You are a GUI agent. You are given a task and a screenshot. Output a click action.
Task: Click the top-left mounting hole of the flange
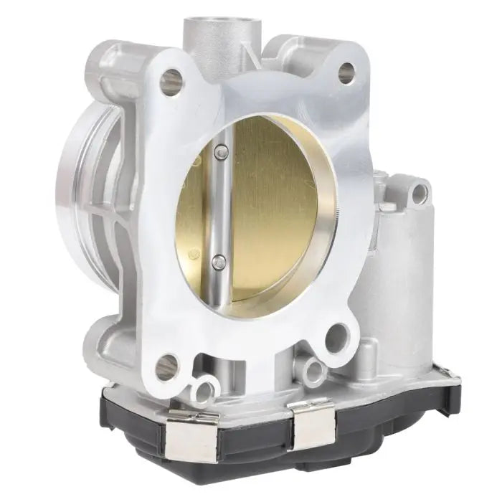tap(171, 81)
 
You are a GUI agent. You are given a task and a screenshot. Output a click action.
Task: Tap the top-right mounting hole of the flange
tap(346, 72)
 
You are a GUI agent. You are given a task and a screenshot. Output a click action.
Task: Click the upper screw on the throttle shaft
tap(221, 151)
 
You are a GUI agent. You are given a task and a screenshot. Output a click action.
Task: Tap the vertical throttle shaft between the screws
tap(220, 208)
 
